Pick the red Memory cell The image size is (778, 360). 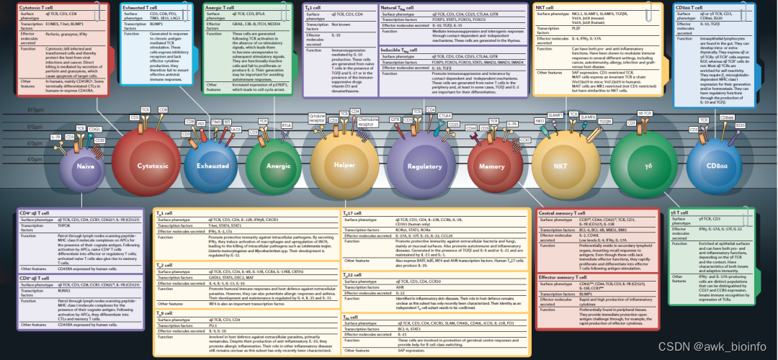pos(493,166)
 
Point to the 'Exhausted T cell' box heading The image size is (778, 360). pos(145,6)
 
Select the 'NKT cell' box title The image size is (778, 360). pos(549,6)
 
